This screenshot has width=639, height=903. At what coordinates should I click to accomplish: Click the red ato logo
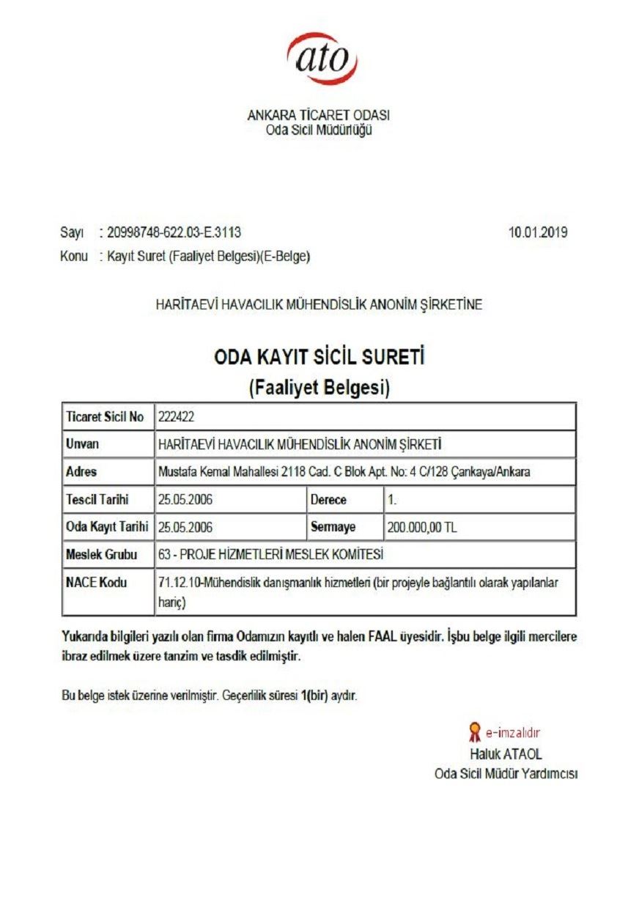[322, 58]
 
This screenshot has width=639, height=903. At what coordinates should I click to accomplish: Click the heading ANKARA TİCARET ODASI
[319, 116]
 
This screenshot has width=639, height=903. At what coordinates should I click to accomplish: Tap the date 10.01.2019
[538, 233]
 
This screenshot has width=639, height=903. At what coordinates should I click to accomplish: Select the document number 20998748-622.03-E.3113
[174, 233]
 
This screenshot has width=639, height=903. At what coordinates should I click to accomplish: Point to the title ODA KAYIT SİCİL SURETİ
[319, 358]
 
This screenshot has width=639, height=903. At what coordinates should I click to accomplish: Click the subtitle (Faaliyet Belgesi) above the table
[319, 388]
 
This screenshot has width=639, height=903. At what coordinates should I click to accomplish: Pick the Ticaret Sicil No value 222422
[176, 417]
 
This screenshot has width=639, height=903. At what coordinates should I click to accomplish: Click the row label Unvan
[82, 444]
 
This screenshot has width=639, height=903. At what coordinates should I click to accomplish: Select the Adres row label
[81, 472]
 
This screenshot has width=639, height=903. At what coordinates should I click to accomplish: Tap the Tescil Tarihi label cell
[97, 500]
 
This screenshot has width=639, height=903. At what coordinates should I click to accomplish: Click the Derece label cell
[328, 500]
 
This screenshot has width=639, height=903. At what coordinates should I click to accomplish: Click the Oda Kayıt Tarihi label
[107, 527]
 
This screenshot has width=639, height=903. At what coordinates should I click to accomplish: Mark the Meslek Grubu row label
[102, 555]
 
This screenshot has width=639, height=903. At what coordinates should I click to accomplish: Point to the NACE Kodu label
[96, 583]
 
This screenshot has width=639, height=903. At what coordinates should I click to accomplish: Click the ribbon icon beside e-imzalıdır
[475, 731]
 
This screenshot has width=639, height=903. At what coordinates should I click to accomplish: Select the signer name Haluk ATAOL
[506, 753]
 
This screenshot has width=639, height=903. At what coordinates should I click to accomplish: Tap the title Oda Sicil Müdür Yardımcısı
[506, 774]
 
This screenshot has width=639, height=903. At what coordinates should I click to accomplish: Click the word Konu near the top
[74, 257]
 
